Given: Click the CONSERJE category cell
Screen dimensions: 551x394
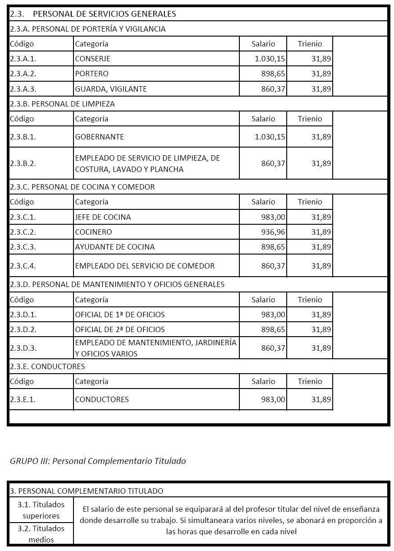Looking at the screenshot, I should click(93, 59).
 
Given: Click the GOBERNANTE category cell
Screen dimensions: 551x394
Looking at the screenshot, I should click(100, 137).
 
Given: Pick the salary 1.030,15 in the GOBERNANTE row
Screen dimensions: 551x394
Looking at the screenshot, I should click(270, 137).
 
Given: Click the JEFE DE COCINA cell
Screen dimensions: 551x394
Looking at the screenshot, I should click(103, 217).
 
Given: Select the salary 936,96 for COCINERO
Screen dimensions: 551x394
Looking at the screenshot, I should click(273, 232).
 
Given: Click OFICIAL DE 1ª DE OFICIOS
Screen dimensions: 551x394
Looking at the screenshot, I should click(120, 315).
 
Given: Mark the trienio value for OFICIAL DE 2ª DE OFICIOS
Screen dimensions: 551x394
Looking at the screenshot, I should click(321, 329).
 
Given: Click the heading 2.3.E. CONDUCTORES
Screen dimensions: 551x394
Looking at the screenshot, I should click(47, 366).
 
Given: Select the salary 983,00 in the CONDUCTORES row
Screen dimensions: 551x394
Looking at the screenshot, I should click(273, 399).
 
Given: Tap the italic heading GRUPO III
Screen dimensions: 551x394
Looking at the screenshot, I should click(98, 461).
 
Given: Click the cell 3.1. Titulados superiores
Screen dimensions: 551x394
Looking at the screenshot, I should click(41, 510).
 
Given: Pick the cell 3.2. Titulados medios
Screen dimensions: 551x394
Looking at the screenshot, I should click(41, 534).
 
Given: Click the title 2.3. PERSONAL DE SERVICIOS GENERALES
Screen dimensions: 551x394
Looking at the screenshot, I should click(93, 14).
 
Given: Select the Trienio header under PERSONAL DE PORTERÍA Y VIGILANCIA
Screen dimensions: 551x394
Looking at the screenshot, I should click(310, 44).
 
